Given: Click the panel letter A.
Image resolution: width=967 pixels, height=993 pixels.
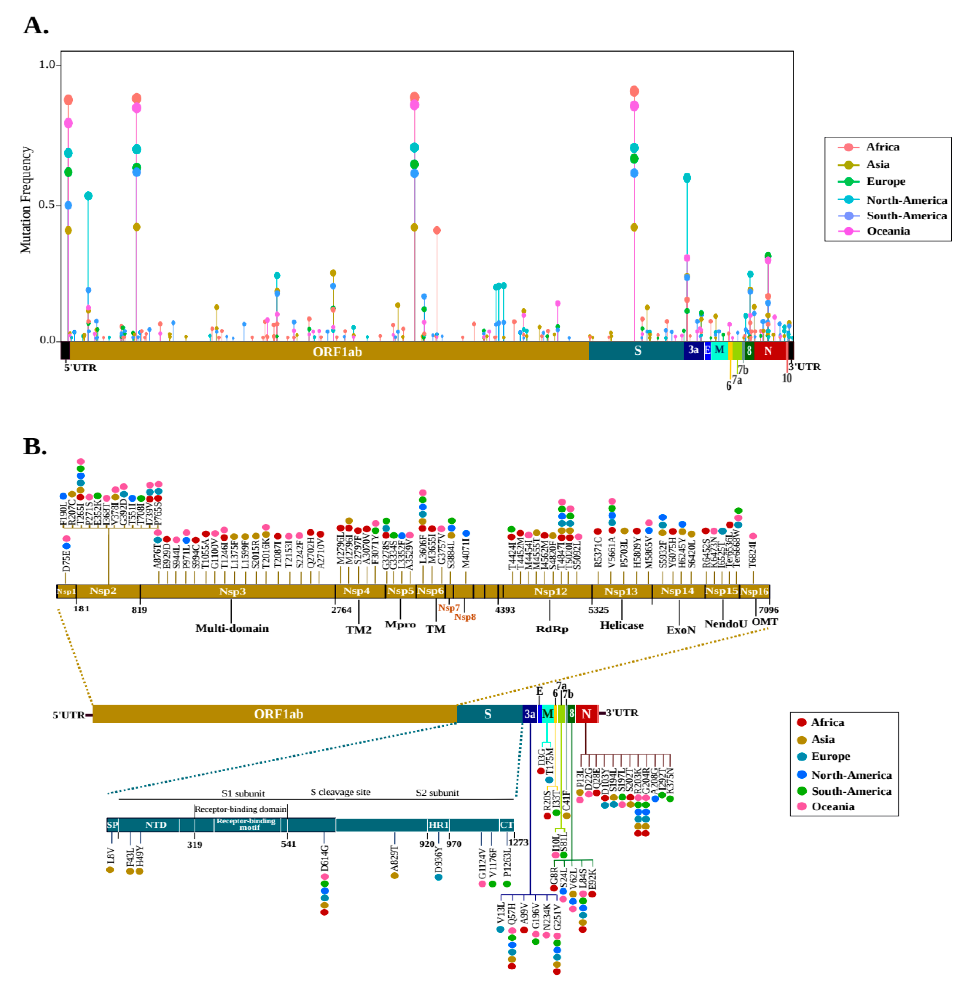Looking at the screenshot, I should [x=35, y=25].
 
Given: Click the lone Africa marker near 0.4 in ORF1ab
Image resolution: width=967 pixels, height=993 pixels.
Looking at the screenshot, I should [x=437, y=230].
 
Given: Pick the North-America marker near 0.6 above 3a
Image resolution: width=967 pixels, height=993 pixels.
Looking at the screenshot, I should [x=687, y=177].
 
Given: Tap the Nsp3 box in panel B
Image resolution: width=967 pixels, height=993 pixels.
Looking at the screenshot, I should [x=233, y=591].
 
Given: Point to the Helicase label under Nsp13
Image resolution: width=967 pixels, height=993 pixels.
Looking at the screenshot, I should [x=622, y=625].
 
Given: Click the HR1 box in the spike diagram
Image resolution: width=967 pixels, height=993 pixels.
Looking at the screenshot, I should [x=438, y=825].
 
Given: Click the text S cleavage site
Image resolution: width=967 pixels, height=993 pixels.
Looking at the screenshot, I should [x=340, y=792].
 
